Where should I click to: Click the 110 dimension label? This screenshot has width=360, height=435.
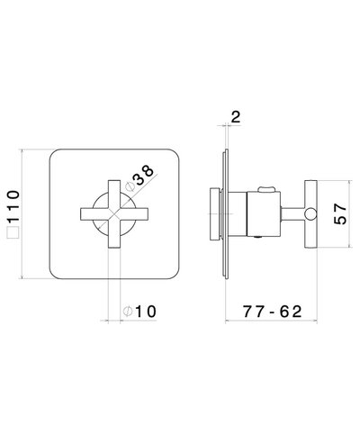tap(14, 206)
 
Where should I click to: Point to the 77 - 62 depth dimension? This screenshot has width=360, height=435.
tap(272, 312)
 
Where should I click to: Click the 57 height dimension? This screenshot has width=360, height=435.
tap(340, 214)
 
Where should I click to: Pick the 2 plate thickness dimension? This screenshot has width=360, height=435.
tap(236, 117)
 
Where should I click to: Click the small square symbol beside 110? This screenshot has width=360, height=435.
tap(13, 233)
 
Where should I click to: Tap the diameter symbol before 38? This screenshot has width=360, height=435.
tap(130, 186)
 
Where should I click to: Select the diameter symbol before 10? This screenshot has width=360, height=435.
tap(128, 312)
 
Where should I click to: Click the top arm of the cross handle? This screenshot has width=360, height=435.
tap(114, 194)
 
